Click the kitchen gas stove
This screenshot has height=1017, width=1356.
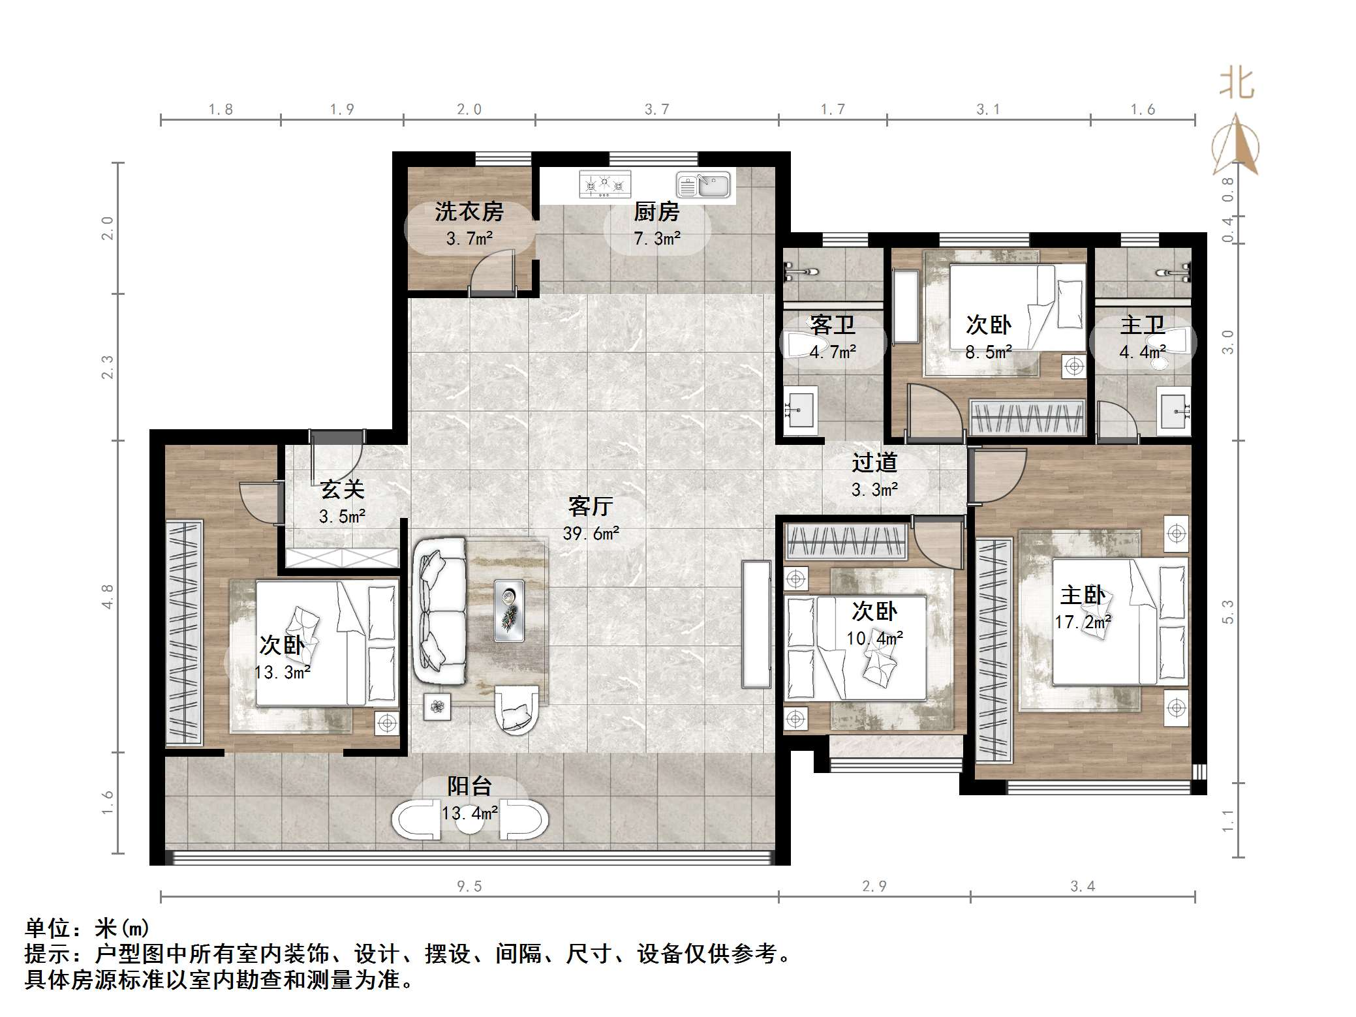(605, 185)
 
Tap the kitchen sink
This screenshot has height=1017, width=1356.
(703, 185)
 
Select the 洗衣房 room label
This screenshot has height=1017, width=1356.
(469, 211)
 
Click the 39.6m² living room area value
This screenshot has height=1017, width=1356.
(591, 534)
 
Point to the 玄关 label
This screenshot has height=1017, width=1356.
(342, 489)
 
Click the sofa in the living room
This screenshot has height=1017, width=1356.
(439, 611)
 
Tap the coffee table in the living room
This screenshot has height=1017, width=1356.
(509, 611)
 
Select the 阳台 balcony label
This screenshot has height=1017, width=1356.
(469, 786)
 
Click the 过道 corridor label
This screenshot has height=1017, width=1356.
(874, 463)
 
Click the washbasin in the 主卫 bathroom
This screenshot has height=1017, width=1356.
(1173, 411)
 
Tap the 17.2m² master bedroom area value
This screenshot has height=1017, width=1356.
(1083, 622)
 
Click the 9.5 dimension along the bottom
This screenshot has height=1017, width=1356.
(469, 886)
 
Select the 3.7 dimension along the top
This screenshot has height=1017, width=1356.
(657, 110)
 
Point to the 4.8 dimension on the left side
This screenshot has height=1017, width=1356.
(108, 596)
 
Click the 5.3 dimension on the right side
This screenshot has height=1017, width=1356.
(1227, 611)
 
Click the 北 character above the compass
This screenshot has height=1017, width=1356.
(1237, 84)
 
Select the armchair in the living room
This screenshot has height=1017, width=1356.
(517, 709)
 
